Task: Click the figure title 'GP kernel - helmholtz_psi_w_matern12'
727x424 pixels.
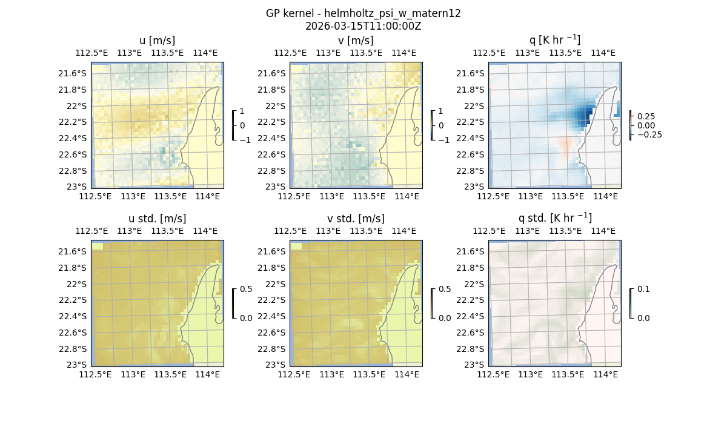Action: coord(363,13)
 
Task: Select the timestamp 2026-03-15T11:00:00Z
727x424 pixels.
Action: coord(363,26)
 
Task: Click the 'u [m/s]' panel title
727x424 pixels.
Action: coord(157,41)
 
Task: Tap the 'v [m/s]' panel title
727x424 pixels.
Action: coord(356,41)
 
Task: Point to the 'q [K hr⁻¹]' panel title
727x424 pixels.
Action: coord(554,40)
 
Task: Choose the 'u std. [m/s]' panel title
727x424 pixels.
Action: coord(157,219)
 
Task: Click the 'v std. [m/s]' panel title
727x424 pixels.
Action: coord(356,219)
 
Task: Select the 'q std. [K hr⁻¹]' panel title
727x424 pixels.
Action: coord(554,218)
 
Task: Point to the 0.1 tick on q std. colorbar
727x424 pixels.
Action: coord(642,289)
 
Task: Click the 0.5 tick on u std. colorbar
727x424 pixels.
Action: coord(246,289)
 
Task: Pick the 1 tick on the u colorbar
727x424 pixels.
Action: coord(242,111)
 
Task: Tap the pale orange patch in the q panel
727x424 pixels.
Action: coord(566,147)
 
